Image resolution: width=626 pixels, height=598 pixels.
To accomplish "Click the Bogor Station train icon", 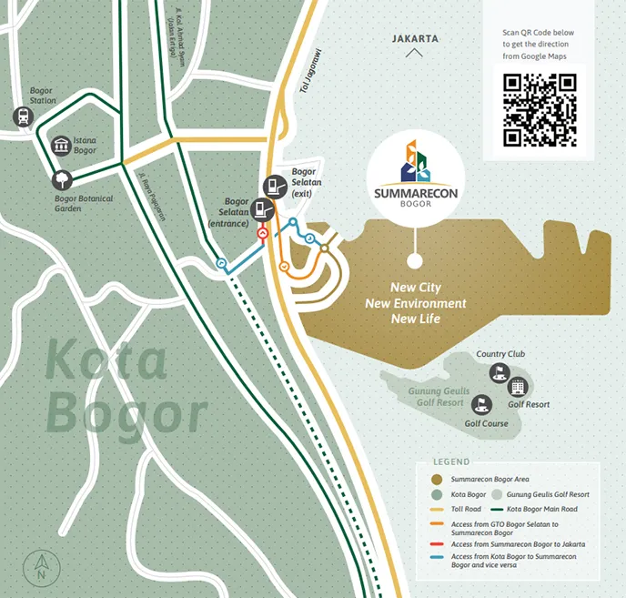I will click(x=21, y=117).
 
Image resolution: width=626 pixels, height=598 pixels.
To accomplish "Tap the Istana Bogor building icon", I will click(x=61, y=147).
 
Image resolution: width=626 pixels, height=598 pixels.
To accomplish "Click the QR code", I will click(x=540, y=110).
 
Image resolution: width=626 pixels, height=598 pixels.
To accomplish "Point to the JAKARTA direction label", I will click(x=415, y=39).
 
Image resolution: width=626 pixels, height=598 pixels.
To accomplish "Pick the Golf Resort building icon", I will click(x=518, y=387).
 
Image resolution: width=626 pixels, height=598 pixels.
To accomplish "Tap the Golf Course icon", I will click(x=482, y=404).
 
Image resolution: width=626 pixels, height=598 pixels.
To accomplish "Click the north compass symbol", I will click(x=40, y=569).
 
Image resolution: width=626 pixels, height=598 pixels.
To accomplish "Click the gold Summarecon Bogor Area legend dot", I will click(x=437, y=479).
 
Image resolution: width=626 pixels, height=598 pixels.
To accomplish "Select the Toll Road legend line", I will click(x=437, y=509).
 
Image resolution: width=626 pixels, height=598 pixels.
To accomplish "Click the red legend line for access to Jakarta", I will click(x=437, y=543).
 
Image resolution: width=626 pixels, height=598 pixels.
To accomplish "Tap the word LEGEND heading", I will click(x=451, y=462).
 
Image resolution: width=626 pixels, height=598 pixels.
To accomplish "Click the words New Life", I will click(x=416, y=319).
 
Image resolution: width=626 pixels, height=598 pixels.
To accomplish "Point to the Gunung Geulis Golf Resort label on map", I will click(x=429, y=396).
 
